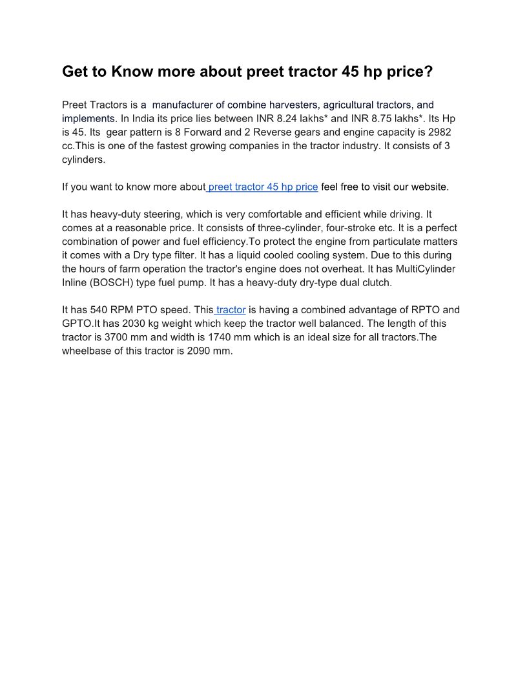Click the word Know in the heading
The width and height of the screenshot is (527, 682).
click(x=130, y=72)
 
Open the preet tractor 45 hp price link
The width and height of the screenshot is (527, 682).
click(x=263, y=187)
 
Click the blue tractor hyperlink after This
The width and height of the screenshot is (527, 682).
click(x=231, y=310)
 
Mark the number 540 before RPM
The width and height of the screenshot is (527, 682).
click(x=101, y=310)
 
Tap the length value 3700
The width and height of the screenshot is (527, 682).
click(x=117, y=337)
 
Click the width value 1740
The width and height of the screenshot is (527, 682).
click(x=223, y=337)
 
